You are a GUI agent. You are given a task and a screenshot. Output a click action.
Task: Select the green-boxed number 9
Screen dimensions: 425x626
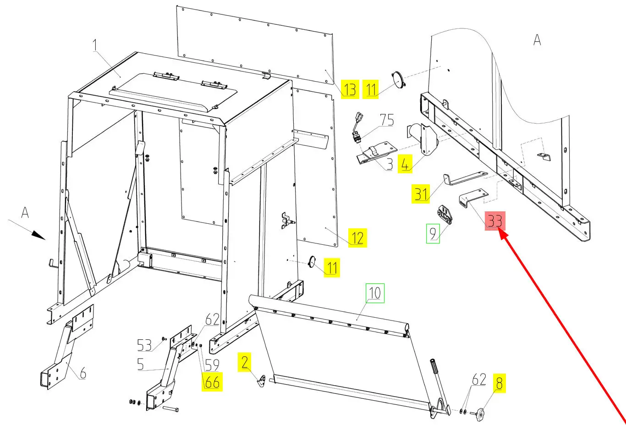pyautogui.click(x=433, y=233)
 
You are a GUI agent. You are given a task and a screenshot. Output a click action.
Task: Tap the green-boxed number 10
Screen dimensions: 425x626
pyautogui.click(x=374, y=293)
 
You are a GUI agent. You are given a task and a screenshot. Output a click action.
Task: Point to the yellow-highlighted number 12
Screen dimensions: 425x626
pyautogui.click(x=357, y=238)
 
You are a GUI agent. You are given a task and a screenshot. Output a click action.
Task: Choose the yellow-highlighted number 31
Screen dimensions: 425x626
pyautogui.click(x=421, y=193)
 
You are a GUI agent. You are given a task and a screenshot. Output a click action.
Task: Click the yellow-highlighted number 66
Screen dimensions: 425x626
pyautogui.click(x=212, y=381)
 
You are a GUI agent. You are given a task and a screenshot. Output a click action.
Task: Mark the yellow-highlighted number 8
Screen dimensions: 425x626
pyautogui.click(x=499, y=382)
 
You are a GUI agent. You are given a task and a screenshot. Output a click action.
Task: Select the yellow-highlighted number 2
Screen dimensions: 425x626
pyautogui.click(x=245, y=362)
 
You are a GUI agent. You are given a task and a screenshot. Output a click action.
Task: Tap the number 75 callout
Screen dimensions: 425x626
pyautogui.click(x=387, y=120)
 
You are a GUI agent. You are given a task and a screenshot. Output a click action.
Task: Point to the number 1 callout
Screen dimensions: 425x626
pyautogui.click(x=95, y=45)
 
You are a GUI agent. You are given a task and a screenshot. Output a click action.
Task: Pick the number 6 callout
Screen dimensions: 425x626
pyautogui.click(x=83, y=373)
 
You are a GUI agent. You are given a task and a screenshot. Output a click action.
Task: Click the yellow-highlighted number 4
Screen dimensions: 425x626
pyautogui.click(x=405, y=163)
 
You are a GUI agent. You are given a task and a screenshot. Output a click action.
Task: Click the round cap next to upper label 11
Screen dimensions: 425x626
pyautogui.click(x=398, y=78)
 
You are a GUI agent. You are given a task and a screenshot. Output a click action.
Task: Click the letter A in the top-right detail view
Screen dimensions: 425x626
pyautogui.click(x=537, y=40)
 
